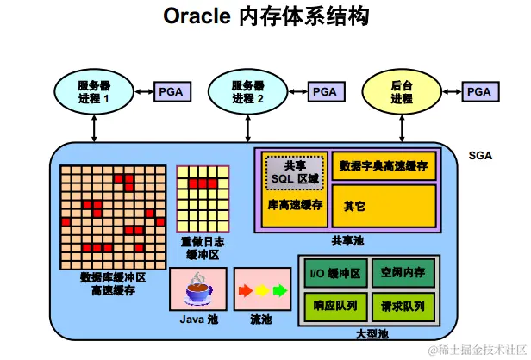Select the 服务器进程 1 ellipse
(93, 91)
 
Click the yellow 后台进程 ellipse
(401, 91)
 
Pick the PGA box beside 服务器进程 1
(170, 91)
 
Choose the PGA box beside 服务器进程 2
(324, 91)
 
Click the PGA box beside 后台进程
(478, 91)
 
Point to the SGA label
(480, 156)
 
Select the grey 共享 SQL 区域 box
(295, 172)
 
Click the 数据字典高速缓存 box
(384, 165)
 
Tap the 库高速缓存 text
(295, 206)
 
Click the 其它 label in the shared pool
(354, 207)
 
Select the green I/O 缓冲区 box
(335, 274)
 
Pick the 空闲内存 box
(403, 274)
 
